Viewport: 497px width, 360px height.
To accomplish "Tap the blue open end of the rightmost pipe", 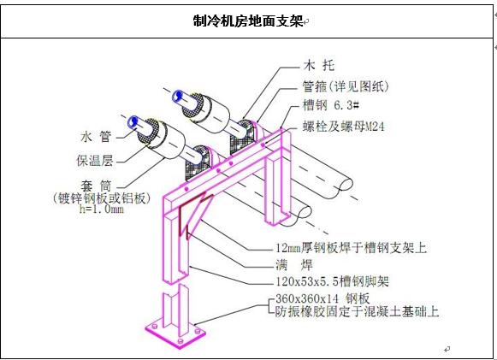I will (180, 97).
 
